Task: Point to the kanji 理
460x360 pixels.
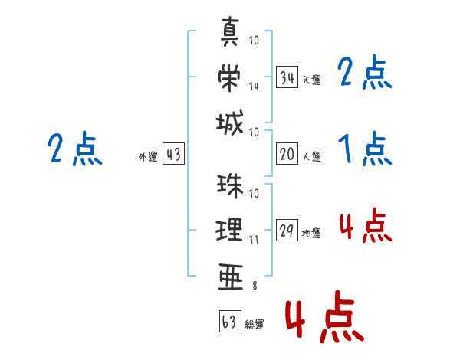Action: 231,231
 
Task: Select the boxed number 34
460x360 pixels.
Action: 287,77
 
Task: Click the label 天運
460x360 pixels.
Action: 311,80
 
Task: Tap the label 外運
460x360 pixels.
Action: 148,157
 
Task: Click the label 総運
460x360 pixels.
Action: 255,325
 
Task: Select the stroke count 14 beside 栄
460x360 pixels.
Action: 254,86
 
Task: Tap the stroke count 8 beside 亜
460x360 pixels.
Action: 255,286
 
